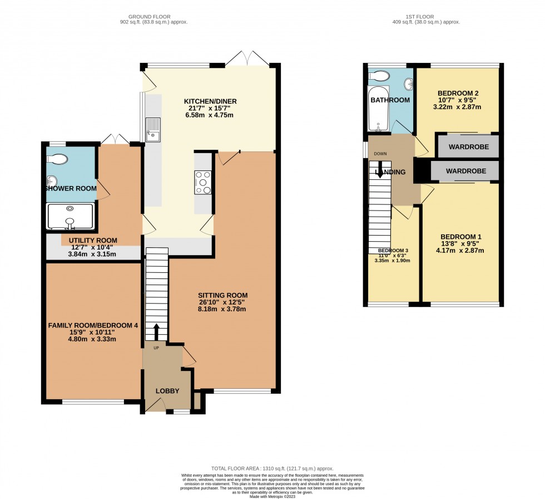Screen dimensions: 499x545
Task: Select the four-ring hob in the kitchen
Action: pyautogui.click(x=203, y=182)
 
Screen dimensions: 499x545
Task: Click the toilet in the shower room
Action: pyautogui.click(x=57, y=159)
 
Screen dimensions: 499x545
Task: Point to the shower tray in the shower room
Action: pyautogui.click(x=71, y=216)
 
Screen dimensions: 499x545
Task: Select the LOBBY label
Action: pyautogui.click(x=167, y=391)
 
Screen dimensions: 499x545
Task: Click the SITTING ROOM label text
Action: pyautogui.click(x=222, y=296)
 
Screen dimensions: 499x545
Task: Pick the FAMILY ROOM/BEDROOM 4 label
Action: pyautogui.click(x=92, y=325)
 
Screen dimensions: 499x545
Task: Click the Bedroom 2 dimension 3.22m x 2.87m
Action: pyautogui.click(x=458, y=107)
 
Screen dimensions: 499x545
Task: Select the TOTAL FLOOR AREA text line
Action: pyautogui.click(x=272, y=469)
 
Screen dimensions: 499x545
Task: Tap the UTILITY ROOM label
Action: pyautogui.click(x=93, y=240)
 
